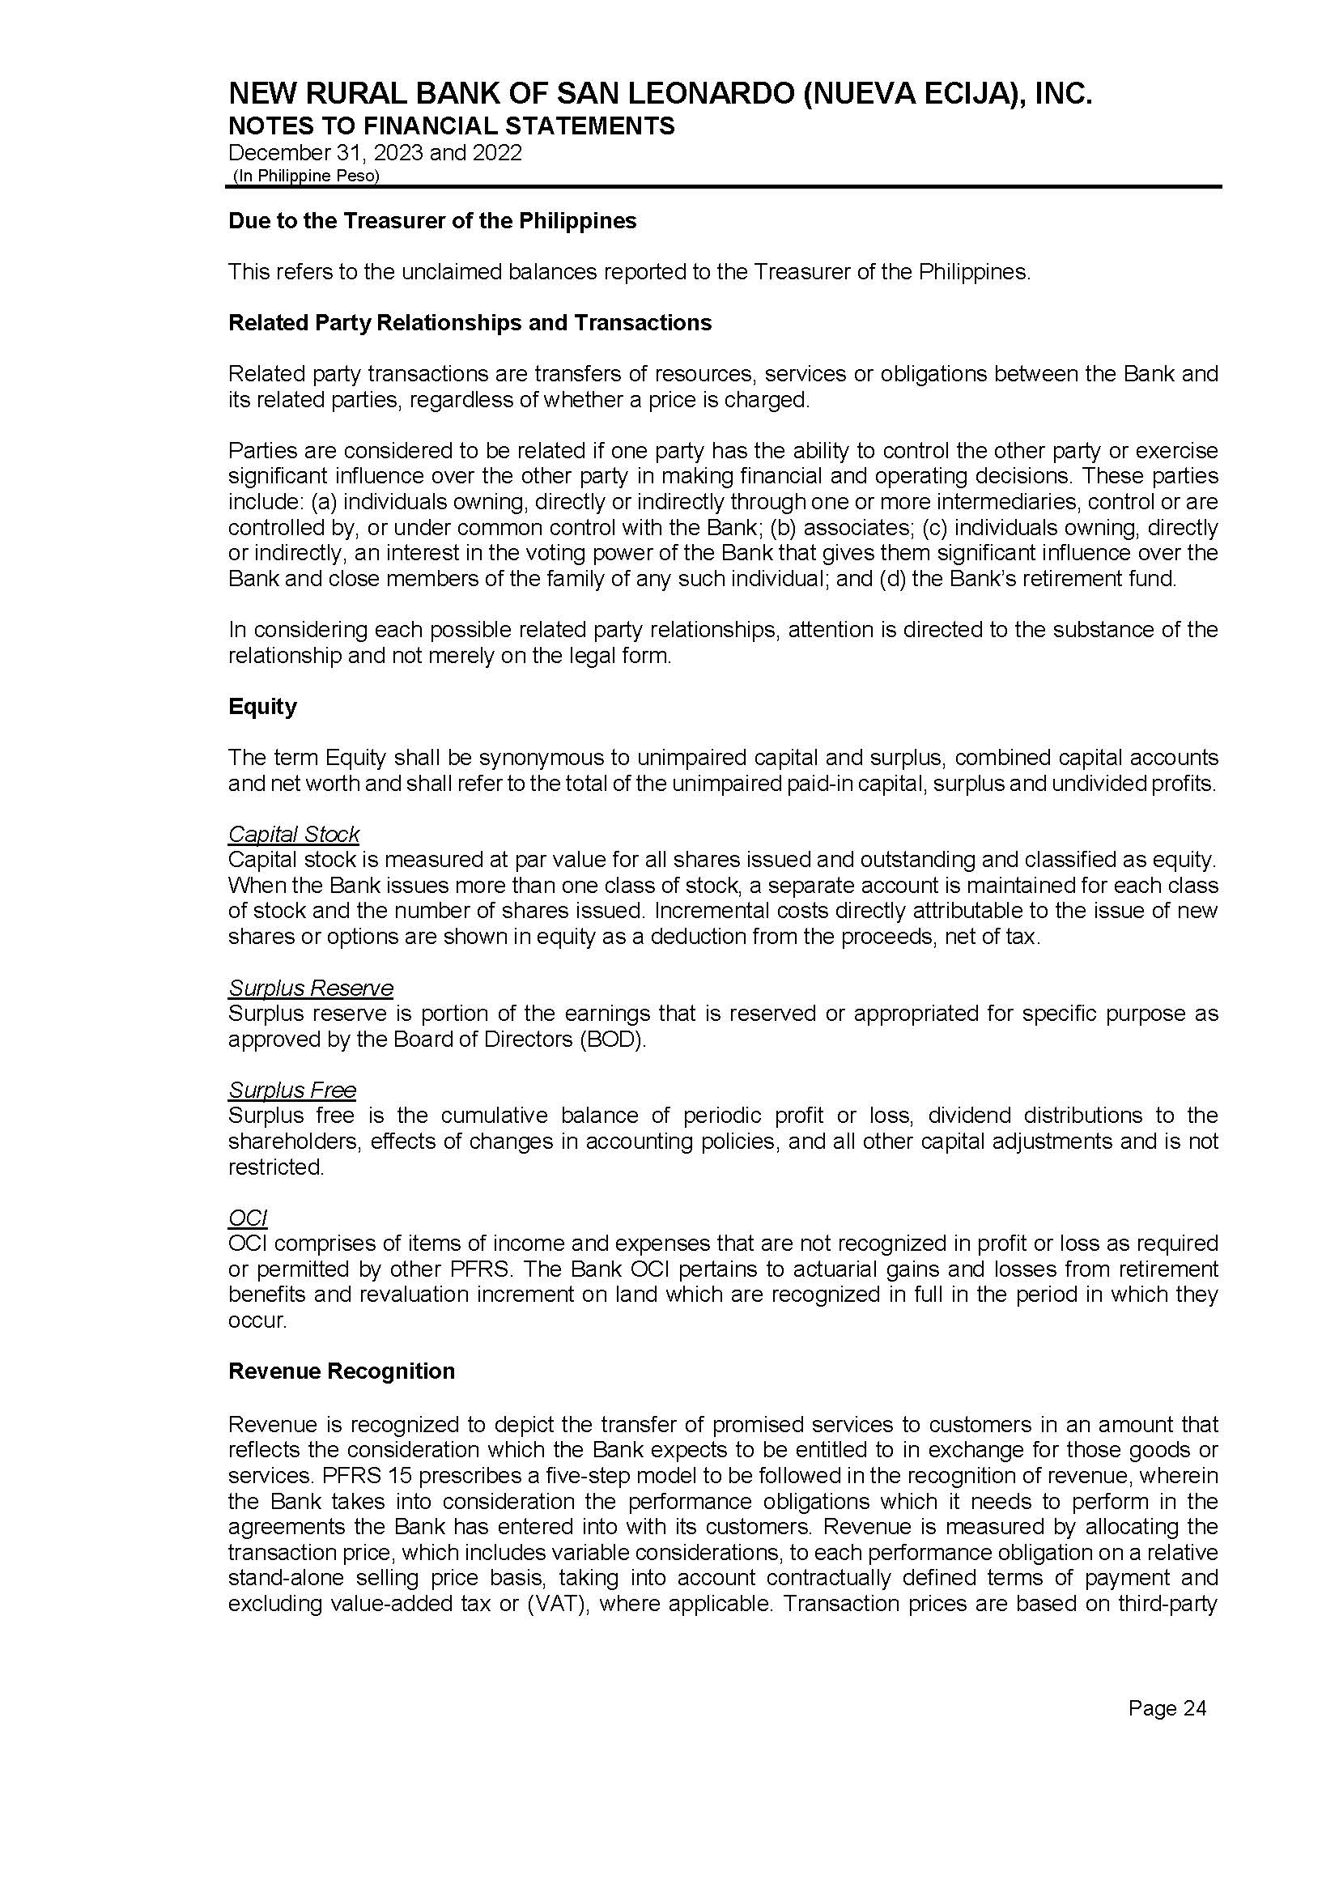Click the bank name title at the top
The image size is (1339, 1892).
click(660, 94)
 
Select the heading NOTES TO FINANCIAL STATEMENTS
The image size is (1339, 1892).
click(451, 126)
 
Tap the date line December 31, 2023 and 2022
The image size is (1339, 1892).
click(374, 153)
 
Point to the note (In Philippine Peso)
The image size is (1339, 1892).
click(306, 176)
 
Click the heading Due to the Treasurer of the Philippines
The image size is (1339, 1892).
click(432, 221)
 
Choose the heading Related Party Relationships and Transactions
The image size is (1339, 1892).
click(470, 322)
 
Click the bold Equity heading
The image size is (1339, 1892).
click(262, 707)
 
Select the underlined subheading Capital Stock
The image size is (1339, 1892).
click(294, 835)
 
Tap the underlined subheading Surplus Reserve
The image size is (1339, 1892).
click(311, 988)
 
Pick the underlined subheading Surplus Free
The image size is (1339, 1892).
click(292, 1090)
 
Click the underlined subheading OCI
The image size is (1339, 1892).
click(248, 1218)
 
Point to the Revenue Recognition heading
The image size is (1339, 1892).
click(342, 1371)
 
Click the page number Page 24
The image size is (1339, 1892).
click(1167, 1709)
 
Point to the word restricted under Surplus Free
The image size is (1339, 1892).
click(275, 1167)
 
